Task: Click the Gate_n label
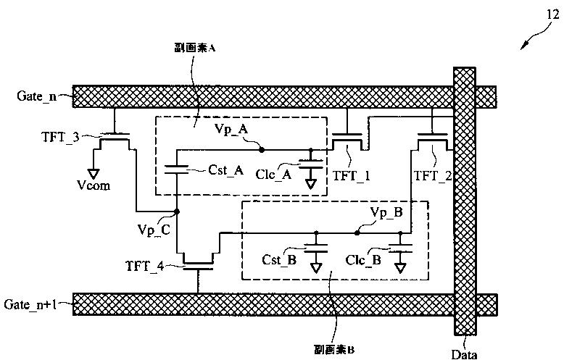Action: [x=36, y=96]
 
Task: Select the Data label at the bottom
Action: [x=465, y=353]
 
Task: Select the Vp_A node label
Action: [x=232, y=127]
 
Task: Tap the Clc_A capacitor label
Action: [x=275, y=174]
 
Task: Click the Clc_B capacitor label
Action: [x=363, y=259]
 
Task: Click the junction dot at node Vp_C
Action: [x=177, y=212]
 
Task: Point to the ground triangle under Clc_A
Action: [x=310, y=185]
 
